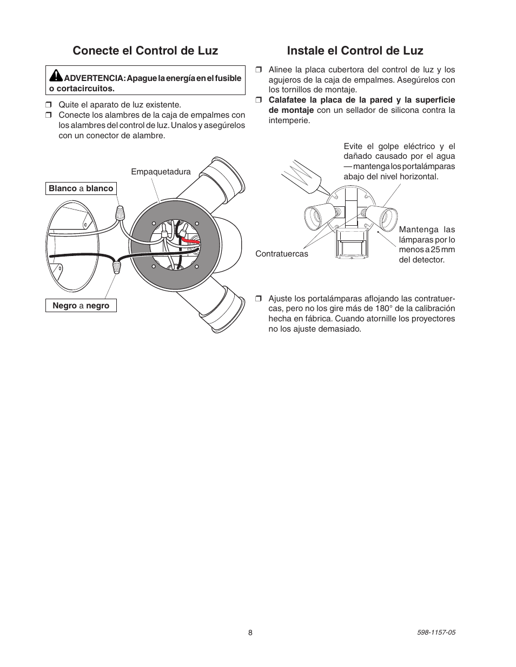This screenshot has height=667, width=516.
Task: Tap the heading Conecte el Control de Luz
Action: click(145, 51)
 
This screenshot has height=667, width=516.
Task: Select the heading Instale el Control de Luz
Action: click(355, 51)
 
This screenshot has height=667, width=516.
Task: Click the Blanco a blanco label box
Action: click(81, 188)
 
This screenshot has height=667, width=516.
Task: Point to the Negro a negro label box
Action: click(81, 306)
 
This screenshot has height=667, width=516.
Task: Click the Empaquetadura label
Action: click(161, 172)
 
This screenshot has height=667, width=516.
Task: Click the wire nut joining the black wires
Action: click(116, 266)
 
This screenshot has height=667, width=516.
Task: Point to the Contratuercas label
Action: click(282, 253)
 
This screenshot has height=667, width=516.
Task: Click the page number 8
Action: click(250, 633)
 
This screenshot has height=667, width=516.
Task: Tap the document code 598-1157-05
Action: click(436, 633)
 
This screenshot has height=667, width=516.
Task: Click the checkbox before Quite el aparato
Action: click(48, 105)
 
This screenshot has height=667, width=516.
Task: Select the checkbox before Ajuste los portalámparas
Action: click(258, 299)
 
